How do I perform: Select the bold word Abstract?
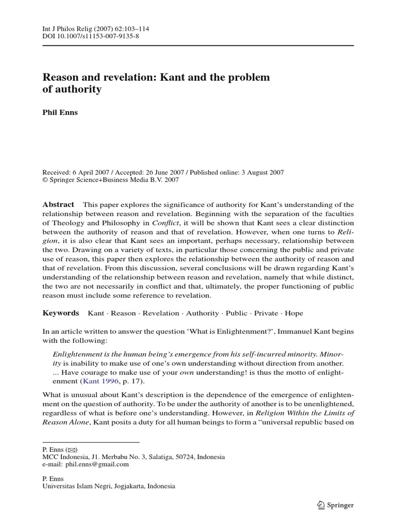(x=58, y=204)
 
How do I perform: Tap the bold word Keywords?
(x=61, y=313)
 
